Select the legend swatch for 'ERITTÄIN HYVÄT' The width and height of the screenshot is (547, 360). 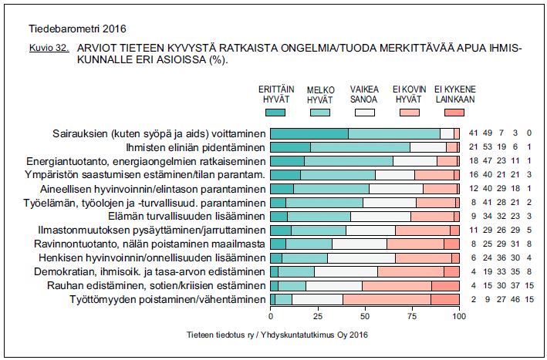pos(275,113)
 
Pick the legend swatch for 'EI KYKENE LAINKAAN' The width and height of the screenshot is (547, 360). pos(454,113)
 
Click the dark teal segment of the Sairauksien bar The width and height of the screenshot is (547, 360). pos(309,133)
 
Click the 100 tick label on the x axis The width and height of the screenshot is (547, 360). pos(459,316)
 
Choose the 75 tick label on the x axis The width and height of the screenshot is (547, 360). pos(412,316)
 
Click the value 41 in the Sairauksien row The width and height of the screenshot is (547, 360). pos(474,133)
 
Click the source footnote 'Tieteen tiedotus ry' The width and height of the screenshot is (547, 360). pos(221,335)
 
